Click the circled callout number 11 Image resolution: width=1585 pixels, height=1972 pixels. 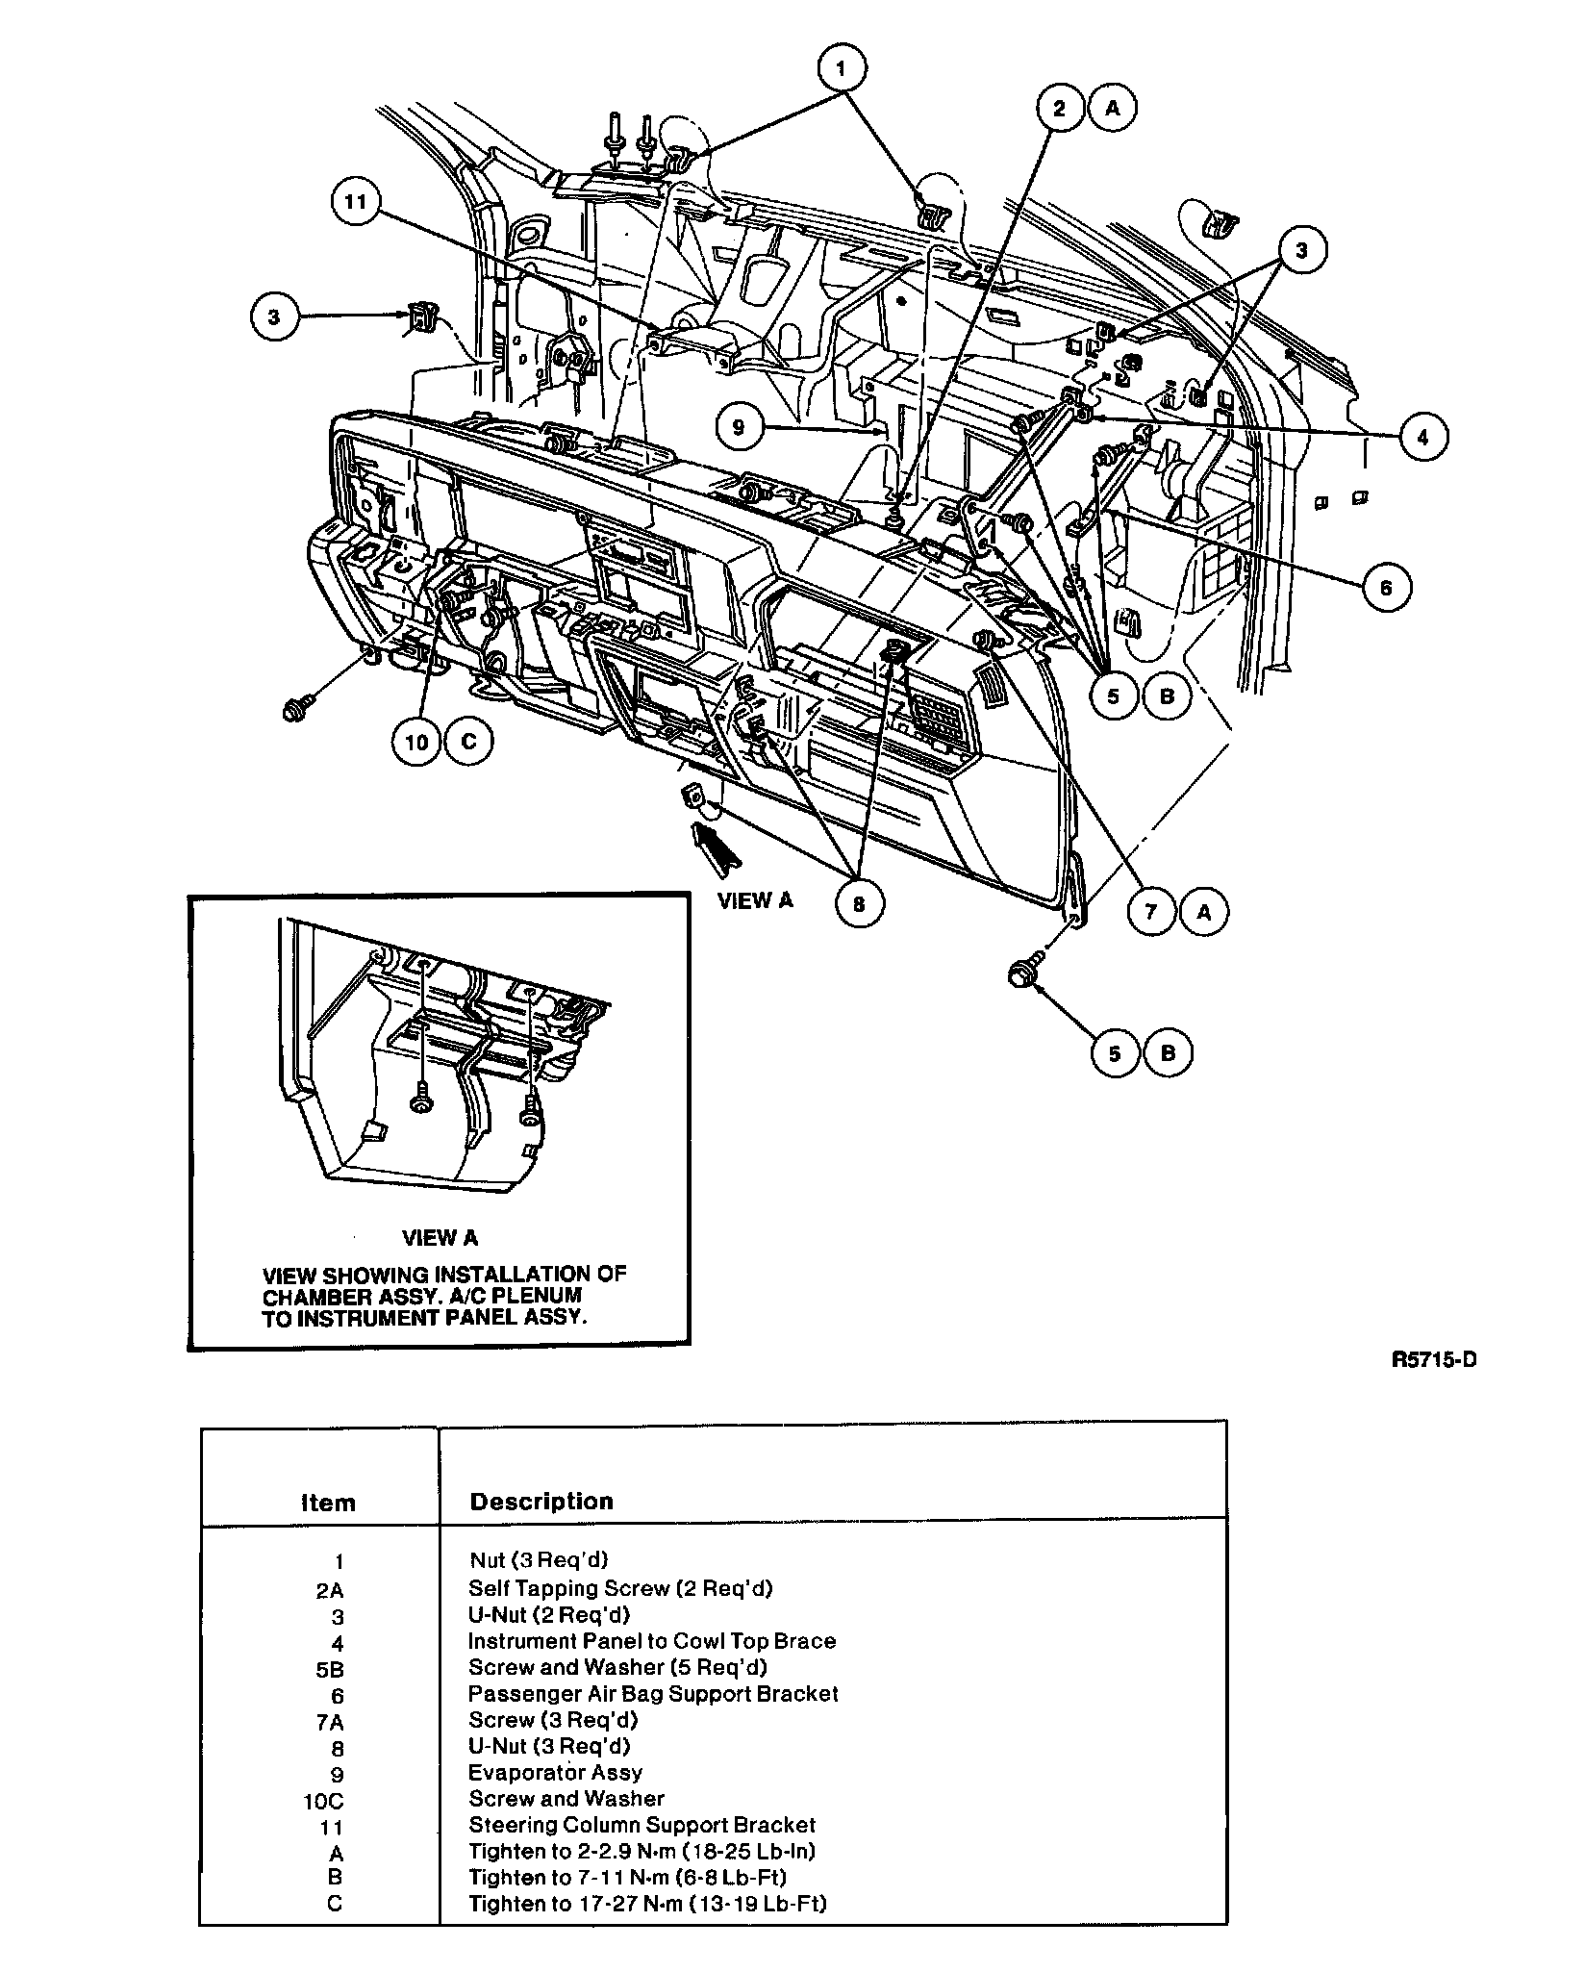click(357, 204)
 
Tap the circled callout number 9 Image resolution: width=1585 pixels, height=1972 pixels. click(739, 426)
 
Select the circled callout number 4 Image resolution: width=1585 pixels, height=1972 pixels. click(1423, 438)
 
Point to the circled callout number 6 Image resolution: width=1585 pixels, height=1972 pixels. click(1386, 587)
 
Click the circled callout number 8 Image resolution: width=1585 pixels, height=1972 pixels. click(859, 904)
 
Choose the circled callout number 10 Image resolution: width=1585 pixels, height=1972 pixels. click(416, 743)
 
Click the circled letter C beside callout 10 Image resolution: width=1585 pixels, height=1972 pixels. click(468, 743)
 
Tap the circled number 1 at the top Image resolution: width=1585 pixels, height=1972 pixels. click(843, 68)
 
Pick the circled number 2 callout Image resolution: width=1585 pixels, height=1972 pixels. click(1060, 108)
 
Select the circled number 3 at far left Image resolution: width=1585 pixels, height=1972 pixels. click(275, 316)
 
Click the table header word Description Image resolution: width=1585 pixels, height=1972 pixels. click(541, 1502)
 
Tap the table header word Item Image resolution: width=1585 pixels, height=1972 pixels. click(328, 1503)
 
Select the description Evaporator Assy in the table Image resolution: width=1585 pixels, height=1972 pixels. click(555, 1772)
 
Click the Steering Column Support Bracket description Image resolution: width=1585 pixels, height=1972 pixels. click(642, 1825)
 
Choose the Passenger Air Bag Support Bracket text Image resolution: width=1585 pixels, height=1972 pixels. click(653, 1693)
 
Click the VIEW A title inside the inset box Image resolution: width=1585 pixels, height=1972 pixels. click(440, 1238)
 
